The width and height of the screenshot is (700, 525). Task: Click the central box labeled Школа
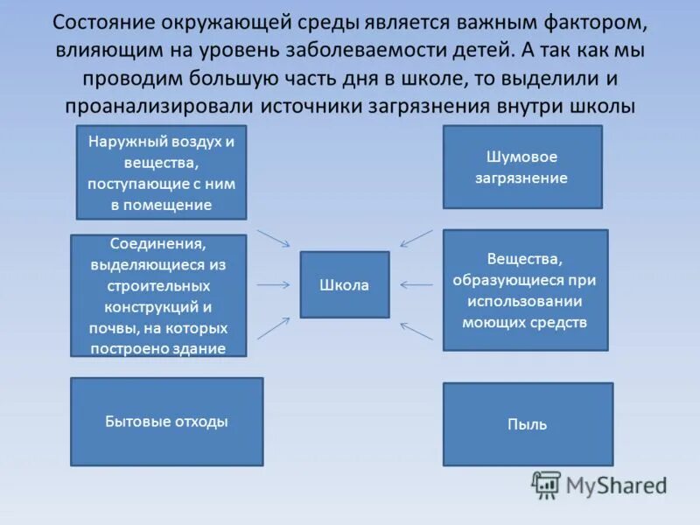click(x=345, y=285)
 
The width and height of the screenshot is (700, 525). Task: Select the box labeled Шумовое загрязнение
click(x=522, y=167)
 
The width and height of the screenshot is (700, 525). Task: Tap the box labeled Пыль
click(x=527, y=424)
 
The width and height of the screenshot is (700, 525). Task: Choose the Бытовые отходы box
click(x=166, y=422)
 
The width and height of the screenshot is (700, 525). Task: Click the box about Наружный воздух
click(x=162, y=172)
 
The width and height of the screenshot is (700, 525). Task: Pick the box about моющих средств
click(x=525, y=290)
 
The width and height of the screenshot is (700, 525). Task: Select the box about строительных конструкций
click(x=158, y=296)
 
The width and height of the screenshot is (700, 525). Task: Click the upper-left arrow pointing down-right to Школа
click(x=274, y=238)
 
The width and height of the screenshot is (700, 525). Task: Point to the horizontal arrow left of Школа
click(x=274, y=284)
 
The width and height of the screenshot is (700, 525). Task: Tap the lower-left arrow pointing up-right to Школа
click(x=274, y=327)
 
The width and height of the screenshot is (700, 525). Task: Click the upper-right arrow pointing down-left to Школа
click(x=416, y=238)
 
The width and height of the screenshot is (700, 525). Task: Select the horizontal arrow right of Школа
click(x=416, y=284)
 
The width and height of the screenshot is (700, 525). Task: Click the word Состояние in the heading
click(x=102, y=21)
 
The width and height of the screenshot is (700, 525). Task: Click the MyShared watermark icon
click(x=547, y=484)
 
